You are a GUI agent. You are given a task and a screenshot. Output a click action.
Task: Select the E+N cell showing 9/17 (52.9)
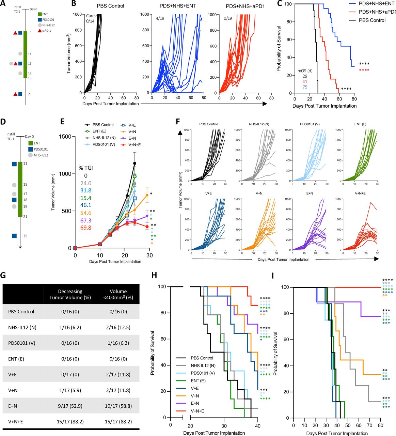pos(70,406)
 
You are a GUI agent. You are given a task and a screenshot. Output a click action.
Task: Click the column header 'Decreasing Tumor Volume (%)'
pos(70,294)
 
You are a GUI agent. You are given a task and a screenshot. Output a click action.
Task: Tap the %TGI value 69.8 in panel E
pos(85,222)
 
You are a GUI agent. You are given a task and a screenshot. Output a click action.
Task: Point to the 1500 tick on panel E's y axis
pos(65,137)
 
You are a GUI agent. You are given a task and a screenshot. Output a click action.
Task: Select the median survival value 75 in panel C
pos(305,87)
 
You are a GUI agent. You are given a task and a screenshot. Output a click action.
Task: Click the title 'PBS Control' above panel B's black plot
pos(110,6)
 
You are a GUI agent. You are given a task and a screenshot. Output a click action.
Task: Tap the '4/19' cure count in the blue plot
pos(160,18)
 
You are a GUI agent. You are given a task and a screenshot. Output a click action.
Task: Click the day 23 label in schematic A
pos(30,94)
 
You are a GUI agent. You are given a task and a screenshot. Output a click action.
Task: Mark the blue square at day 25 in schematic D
pos(14,236)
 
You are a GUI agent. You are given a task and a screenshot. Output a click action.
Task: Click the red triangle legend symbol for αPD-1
pos(40,31)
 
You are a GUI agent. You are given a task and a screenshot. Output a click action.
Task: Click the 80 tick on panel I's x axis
pos(380,425)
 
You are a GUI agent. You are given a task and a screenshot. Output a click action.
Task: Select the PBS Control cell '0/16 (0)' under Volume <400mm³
pos(118,311)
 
